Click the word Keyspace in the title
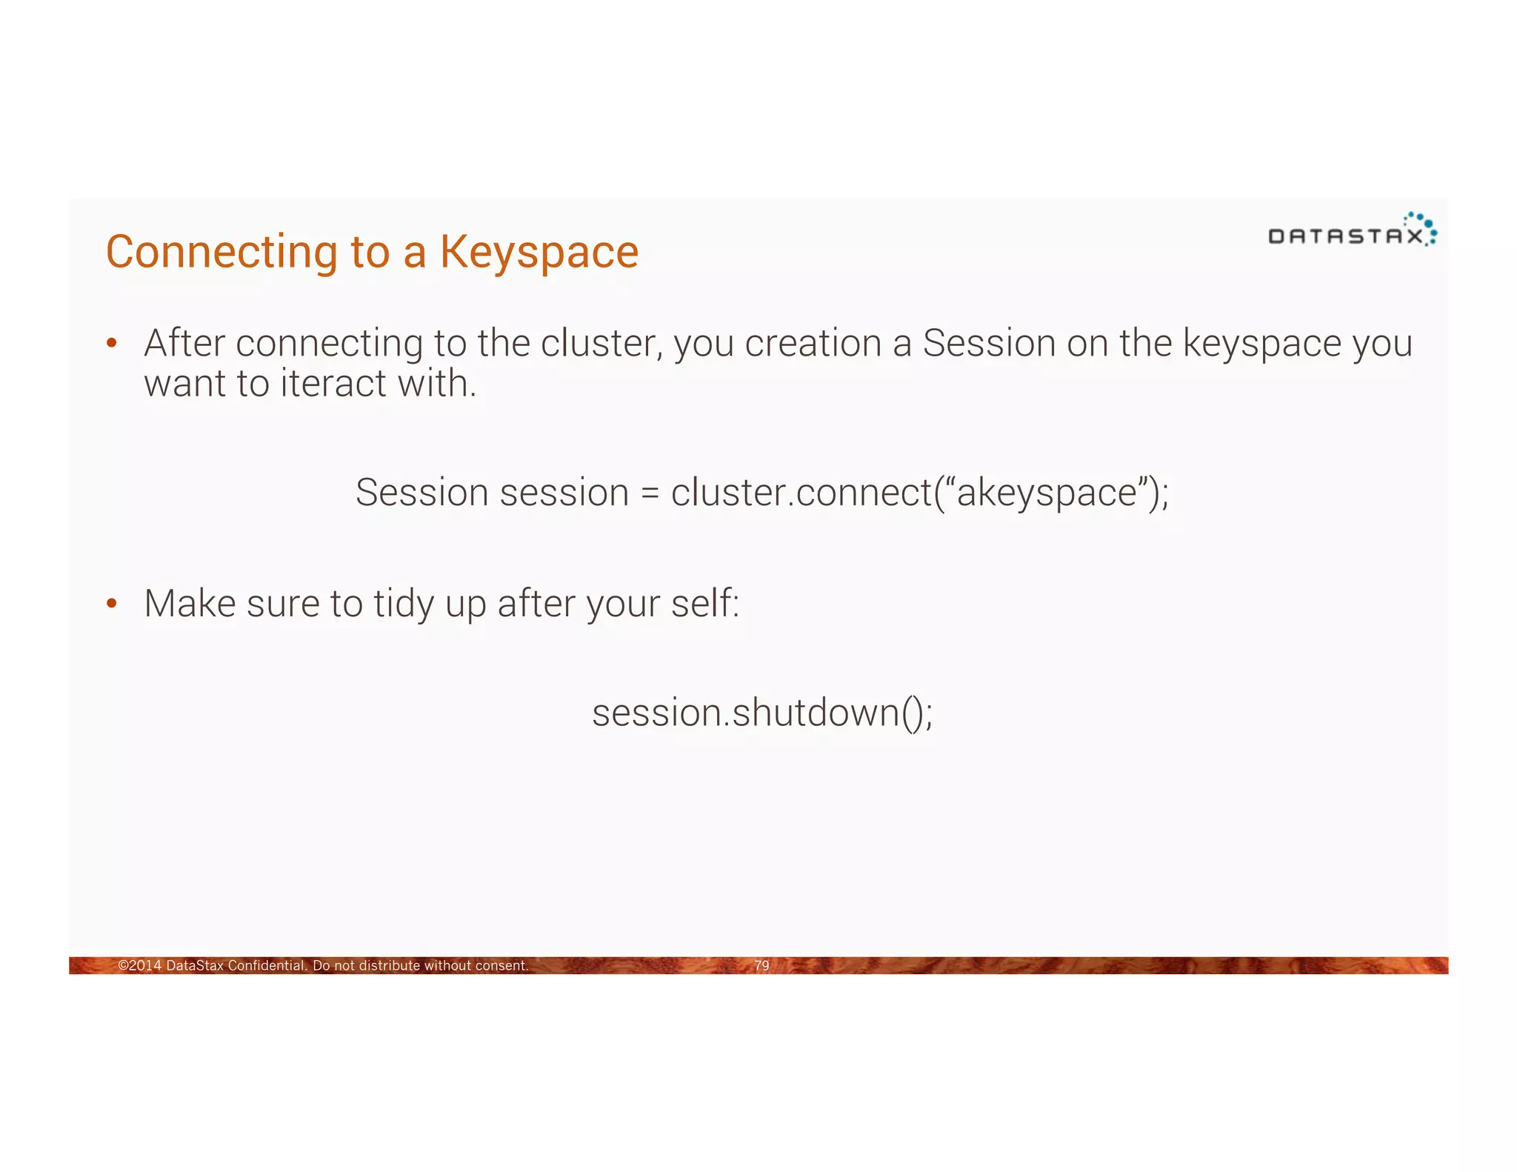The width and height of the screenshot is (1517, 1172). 539,253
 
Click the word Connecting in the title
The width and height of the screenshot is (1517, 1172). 222,253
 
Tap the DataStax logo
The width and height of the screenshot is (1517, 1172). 1352,230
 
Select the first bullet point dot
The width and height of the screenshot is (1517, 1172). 112,343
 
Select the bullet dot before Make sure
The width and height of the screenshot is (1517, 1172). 112,603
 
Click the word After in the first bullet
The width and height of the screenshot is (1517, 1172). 184,343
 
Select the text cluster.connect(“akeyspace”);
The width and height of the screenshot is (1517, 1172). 919,493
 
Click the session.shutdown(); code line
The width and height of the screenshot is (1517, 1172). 762,713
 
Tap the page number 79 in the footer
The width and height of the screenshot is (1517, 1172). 761,965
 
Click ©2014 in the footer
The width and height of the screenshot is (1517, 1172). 139,965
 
